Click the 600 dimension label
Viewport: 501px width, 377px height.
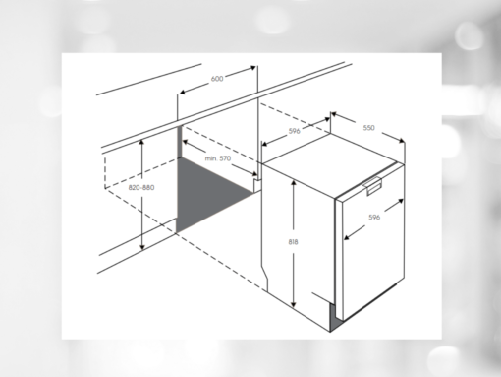[x=217, y=79]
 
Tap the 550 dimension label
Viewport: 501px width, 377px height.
[x=368, y=128]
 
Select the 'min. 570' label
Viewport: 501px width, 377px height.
[x=218, y=158]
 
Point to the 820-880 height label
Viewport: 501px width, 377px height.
[x=141, y=187]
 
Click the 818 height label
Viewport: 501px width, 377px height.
[x=293, y=242]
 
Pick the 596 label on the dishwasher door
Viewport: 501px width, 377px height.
[x=374, y=218]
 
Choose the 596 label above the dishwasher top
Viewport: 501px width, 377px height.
[x=294, y=131]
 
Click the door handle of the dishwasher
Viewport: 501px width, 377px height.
[x=373, y=185]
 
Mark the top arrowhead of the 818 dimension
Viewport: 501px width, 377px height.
[x=294, y=182]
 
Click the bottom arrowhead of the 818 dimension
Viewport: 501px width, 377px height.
[x=294, y=304]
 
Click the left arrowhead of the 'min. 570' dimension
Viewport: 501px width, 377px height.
[x=186, y=142]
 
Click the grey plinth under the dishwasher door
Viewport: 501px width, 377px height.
[x=335, y=318]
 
